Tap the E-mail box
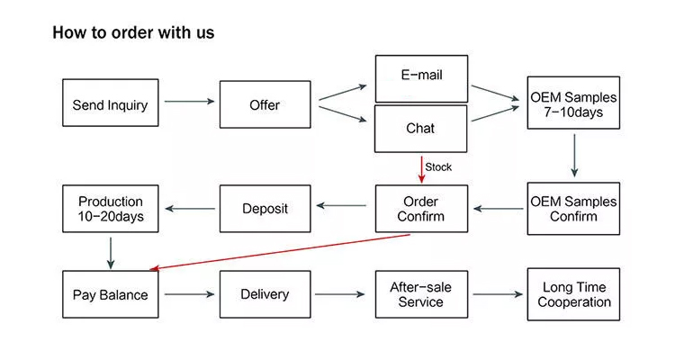420,77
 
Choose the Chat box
420,128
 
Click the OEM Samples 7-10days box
573,104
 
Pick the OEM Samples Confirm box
573,209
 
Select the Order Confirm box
420,209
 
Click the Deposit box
265,209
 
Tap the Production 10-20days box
110,209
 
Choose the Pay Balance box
110,294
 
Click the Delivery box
265,294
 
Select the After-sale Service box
420,294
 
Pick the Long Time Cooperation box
573,294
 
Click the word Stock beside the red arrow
438,167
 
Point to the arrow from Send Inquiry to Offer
189,102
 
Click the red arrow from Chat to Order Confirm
420,167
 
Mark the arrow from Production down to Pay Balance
110,252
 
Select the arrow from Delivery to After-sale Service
343,294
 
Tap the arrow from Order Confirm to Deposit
342,206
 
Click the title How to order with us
133,33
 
